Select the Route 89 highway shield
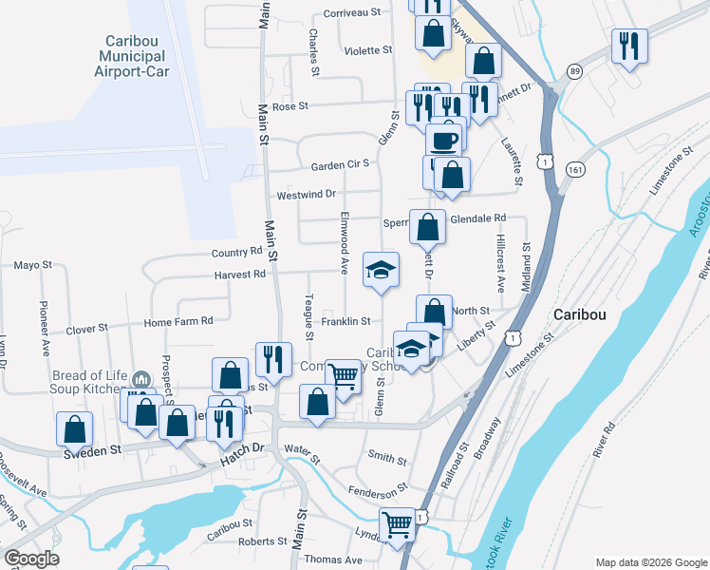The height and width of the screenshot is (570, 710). coord(575,71)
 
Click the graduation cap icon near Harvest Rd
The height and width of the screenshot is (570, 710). coord(381,272)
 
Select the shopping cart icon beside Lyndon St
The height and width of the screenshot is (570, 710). coord(398,522)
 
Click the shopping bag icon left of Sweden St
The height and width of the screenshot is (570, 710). coord(74,429)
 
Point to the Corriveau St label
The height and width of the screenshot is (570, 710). coord(351,13)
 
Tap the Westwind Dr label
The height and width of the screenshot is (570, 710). coord(307,195)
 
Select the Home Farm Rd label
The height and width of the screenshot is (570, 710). coord(177,322)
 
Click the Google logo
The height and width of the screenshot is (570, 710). coord(30,559)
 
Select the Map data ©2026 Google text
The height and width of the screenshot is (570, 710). coord(650,562)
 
